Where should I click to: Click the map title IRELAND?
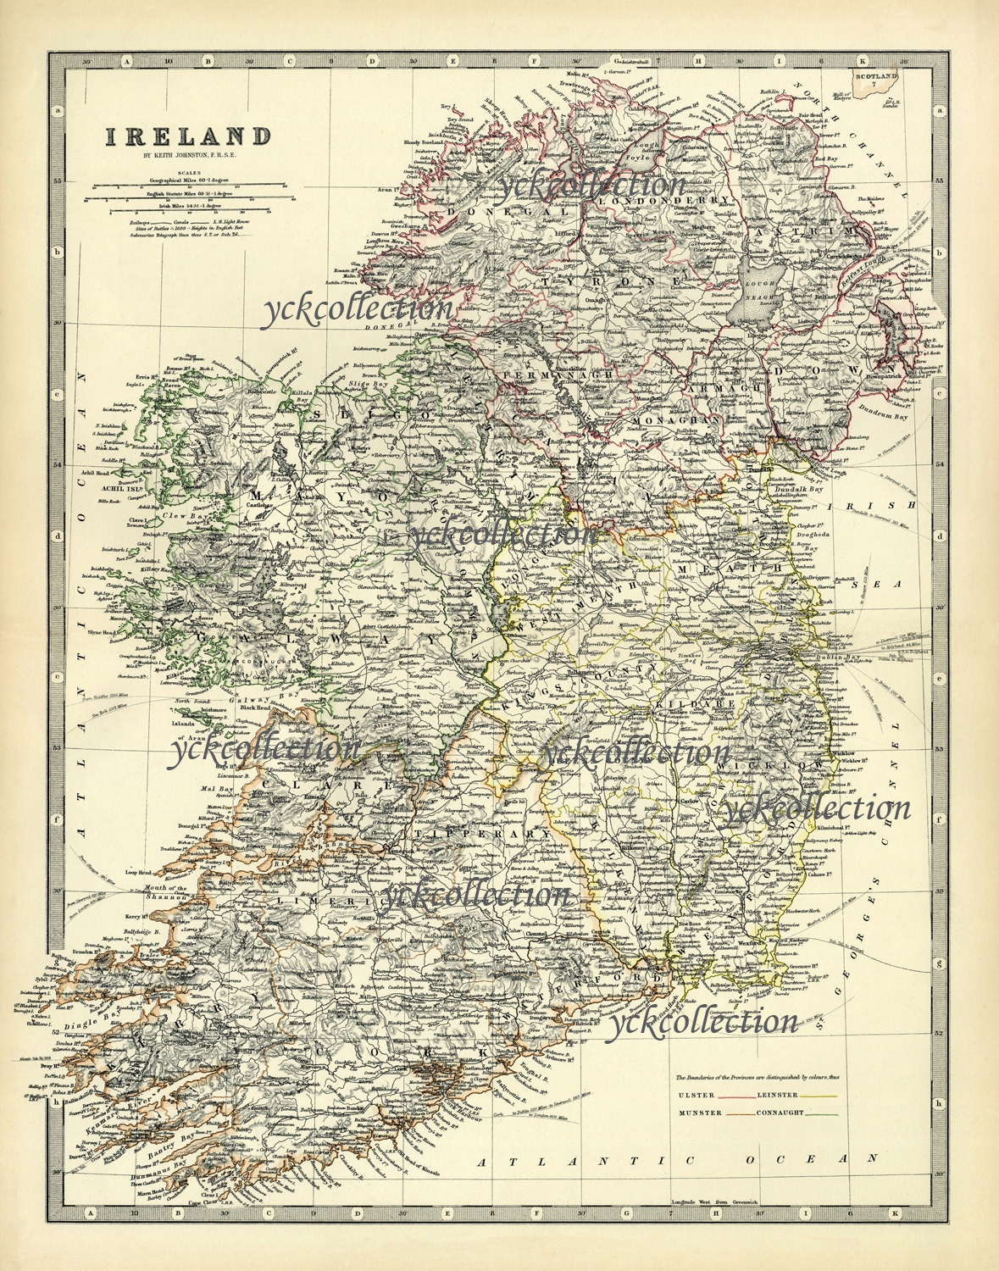pos(187,136)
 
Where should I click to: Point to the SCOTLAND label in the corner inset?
pos(876,77)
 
